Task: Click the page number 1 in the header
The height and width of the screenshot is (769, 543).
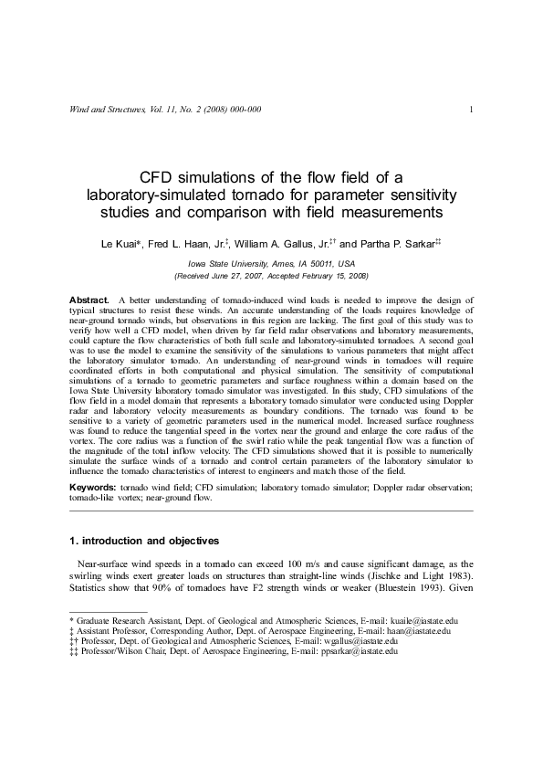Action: coord(470,111)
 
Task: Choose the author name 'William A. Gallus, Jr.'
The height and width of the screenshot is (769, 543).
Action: coord(280,245)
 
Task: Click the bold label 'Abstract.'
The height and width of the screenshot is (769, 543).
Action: coord(89,300)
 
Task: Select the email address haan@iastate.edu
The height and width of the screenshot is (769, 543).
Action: coord(412,630)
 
